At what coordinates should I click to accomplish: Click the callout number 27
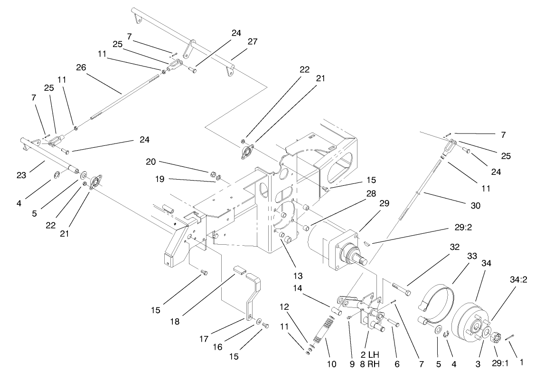pos(252,41)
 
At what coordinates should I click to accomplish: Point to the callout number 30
pos(475,206)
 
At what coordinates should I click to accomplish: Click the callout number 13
pos(298,276)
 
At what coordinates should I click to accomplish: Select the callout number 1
pos(521,362)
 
